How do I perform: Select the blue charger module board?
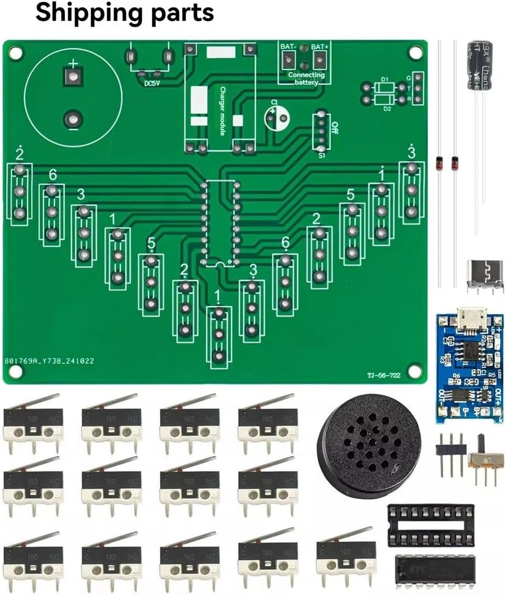click(469, 367)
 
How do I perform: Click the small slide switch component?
click(486, 461)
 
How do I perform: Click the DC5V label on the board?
click(152, 84)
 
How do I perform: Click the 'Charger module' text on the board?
click(222, 108)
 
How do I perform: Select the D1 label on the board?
click(384, 79)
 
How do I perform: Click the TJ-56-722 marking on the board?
click(384, 376)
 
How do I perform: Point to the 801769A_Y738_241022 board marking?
click(49, 361)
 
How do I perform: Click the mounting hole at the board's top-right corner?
click(415, 53)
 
